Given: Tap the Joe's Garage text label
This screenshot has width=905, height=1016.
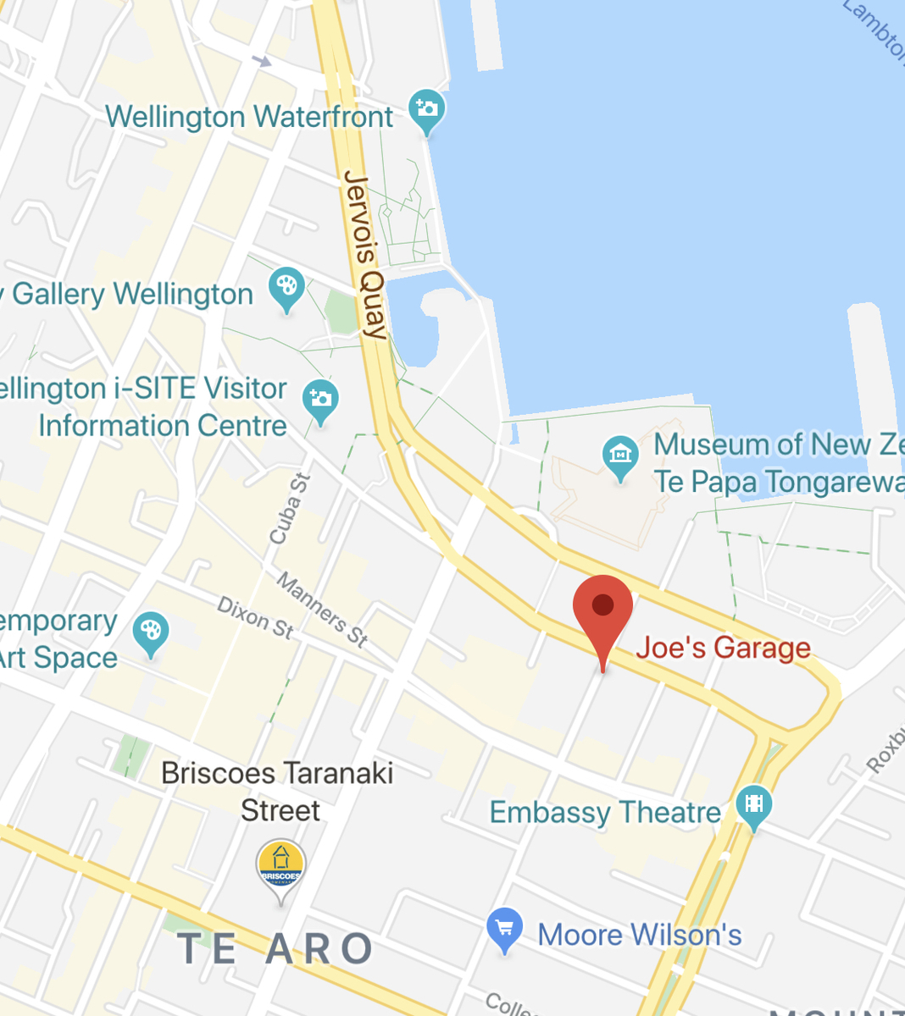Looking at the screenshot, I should (x=723, y=648).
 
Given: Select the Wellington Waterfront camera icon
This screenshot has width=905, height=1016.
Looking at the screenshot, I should (x=426, y=110).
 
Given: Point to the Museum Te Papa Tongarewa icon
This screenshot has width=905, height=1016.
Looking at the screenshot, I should (x=620, y=456).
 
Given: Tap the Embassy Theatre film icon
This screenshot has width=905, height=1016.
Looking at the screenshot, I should (x=753, y=804).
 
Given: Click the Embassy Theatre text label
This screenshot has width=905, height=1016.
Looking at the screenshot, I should (x=605, y=813).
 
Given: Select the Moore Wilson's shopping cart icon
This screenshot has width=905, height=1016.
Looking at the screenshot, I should (x=504, y=928).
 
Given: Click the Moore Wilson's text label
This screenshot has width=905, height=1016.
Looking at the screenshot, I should (x=640, y=936).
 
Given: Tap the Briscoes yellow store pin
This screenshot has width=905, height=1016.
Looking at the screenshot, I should (x=280, y=866).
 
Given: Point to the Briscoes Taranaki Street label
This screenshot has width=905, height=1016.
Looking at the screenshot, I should (x=278, y=792).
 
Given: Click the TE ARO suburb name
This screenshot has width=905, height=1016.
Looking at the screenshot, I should (x=275, y=949).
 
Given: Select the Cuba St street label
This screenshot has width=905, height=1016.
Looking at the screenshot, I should (x=290, y=508).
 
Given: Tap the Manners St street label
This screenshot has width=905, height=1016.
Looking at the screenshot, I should (x=322, y=610).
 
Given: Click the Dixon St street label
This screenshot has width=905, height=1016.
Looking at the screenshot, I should (x=255, y=617).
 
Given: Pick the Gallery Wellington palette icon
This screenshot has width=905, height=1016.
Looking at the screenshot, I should (x=286, y=287).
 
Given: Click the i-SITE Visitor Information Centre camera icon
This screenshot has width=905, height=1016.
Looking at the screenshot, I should (x=320, y=399).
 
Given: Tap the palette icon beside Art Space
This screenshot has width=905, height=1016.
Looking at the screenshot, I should (x=151, y=632).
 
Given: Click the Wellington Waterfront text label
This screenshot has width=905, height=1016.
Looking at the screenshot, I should (x=249, y=117).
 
